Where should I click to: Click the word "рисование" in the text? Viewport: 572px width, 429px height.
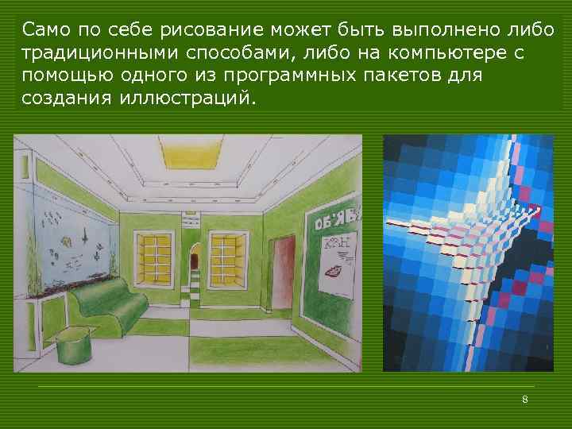point(206,31)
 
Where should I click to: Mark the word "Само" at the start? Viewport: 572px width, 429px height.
point(45,31)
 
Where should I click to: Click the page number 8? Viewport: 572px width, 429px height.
point(525,399)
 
